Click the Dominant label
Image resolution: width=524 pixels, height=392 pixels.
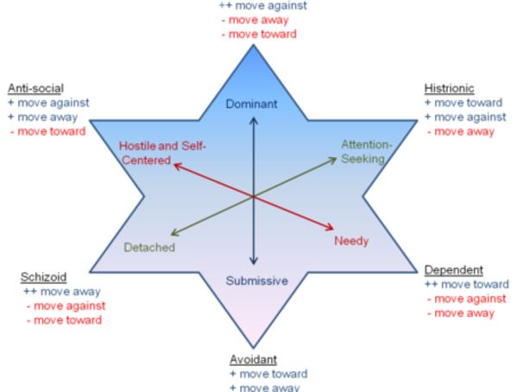251,104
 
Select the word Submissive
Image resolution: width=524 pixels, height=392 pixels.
256,281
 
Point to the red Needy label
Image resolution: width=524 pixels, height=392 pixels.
352,241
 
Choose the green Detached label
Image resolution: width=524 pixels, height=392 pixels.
148,248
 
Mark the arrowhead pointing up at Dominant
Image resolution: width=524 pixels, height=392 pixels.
253,120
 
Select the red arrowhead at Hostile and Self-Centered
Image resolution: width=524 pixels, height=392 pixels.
176,162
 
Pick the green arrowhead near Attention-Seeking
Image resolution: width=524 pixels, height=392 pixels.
333,159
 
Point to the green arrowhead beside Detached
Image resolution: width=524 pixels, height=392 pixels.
173,232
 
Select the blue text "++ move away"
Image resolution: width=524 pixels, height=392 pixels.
64,291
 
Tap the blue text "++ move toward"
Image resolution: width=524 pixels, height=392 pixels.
467,284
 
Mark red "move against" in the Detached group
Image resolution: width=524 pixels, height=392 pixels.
68,306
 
